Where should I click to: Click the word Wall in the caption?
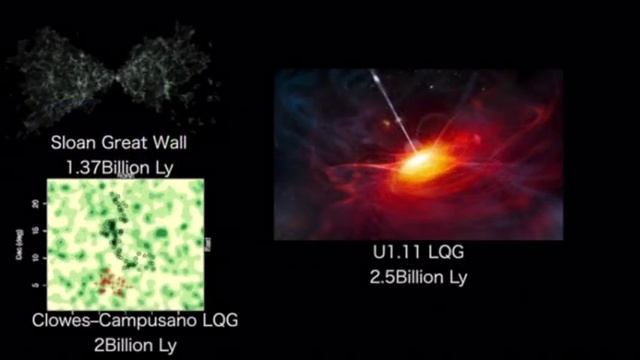167,143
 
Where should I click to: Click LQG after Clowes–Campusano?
218,321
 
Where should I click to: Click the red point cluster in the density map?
115,284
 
